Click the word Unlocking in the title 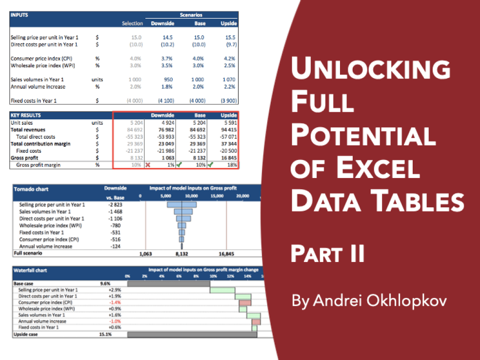click(x=370, y=69)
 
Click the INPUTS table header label click(x=20, y=15)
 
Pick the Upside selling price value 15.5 click(x=231, y=38)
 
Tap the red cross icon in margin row click(x=147, y=165)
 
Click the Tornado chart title click(x=31, y=189)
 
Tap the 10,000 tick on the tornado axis click(x=191, y=196)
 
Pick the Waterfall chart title click(x=31, y=270)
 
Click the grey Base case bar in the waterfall click(x=168, y=283)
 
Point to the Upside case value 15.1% click(x=105, y=334)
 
